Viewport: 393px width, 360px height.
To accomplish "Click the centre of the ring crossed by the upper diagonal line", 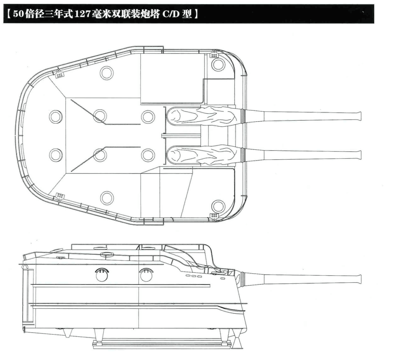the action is [100, 116].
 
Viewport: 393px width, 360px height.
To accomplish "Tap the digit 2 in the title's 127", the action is [80, 14].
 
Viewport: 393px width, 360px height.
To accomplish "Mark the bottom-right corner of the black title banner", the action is [374, 23].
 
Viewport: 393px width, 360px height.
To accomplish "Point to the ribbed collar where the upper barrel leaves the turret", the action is [242, 116].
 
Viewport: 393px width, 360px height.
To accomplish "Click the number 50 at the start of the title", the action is [19, 14].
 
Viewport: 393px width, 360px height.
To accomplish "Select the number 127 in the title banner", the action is [80, 14].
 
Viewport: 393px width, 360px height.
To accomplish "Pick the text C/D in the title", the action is [171, 14].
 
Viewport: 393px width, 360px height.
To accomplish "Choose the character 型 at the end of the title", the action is [187, 14].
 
